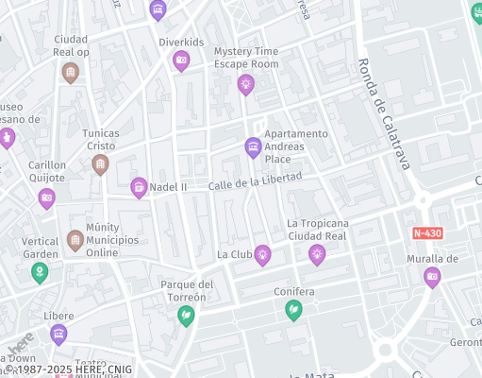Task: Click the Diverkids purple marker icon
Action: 181,61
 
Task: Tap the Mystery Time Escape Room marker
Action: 245,85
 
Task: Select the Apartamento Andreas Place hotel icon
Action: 253,147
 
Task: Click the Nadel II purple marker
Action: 139,187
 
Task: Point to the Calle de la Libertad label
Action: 255,180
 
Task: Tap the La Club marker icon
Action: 262,254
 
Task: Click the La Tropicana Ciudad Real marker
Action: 317,253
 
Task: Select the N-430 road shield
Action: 427,232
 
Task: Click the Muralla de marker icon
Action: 432,277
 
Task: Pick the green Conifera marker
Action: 294,309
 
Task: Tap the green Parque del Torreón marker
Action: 187,315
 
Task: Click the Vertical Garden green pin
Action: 40,273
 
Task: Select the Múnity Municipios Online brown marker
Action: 75,240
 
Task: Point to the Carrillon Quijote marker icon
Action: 46,198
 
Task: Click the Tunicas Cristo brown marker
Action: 100,165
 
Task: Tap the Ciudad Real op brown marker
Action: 70,72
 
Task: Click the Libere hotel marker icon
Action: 58,334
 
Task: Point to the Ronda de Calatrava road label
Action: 383,114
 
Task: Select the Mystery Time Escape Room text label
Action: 246,57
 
